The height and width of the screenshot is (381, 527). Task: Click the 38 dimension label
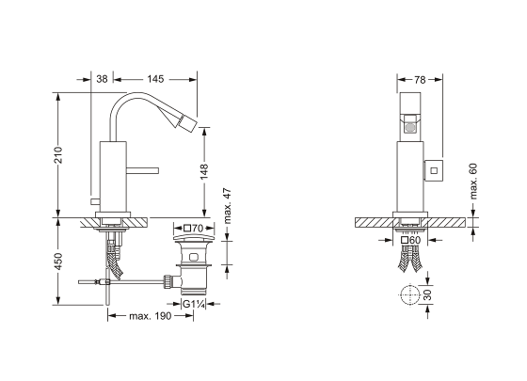coord(102,79)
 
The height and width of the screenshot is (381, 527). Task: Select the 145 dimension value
coord(155,79)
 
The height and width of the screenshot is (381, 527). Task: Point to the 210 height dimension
coord(58,155)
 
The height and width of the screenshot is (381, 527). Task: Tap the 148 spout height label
coord(204,171)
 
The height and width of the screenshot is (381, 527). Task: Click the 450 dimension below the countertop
coord(58,262)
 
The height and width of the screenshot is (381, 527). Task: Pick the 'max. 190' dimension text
coord(151,316)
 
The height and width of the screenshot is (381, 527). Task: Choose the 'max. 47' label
coord(228,206)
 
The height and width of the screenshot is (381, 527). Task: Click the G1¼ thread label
coord(193,304)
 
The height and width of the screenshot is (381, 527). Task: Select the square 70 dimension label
coord(194,229)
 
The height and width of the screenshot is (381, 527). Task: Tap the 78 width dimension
coord(420,80)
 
